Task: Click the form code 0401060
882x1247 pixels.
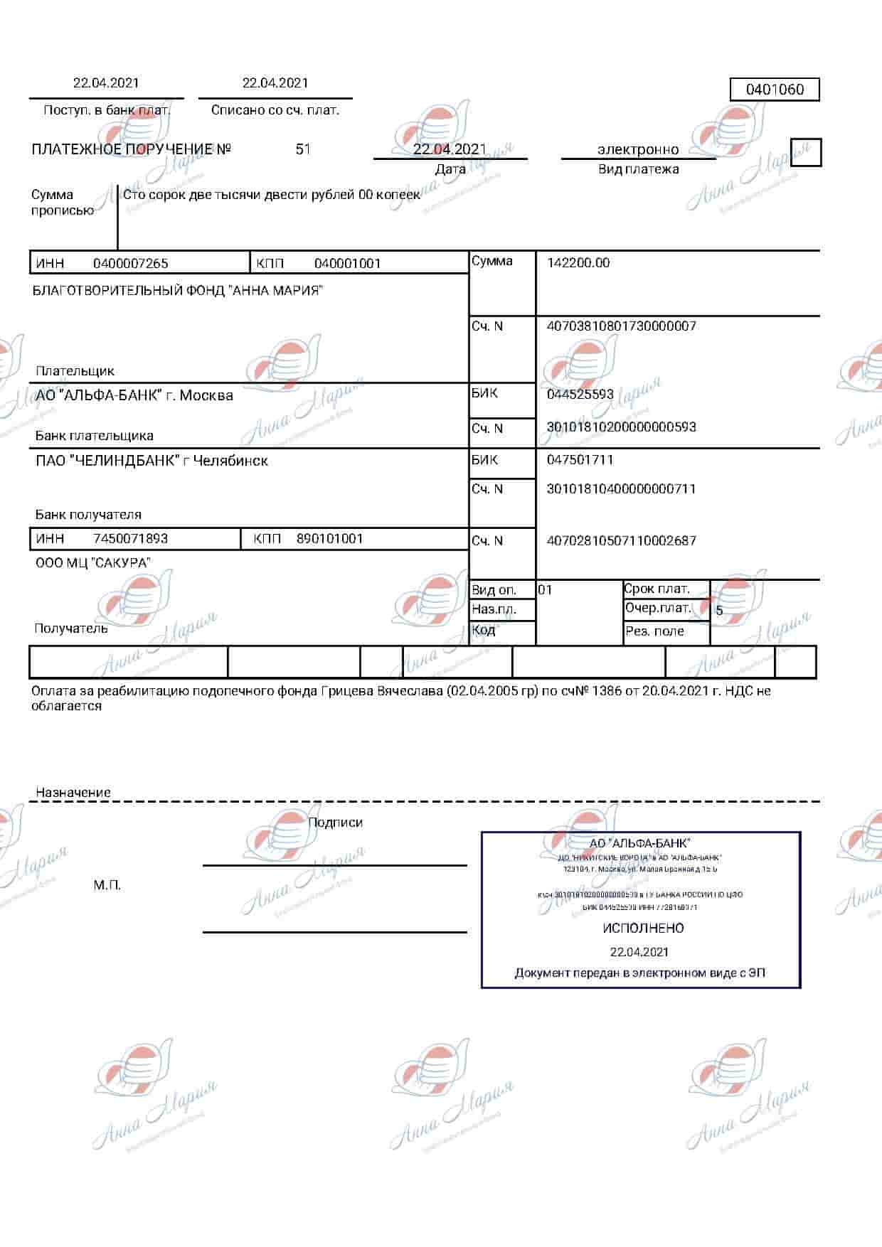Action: coord(775,90)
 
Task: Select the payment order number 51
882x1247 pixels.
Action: coord(303,149)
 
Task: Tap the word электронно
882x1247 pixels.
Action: coord(638,149)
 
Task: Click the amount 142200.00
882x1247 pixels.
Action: coord(578,263)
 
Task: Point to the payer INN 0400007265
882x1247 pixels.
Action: coord(131,264)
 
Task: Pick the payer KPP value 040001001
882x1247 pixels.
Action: coord(348,264)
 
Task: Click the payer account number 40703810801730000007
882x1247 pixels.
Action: coord(622,326)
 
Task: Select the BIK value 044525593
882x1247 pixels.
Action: coord(580,395)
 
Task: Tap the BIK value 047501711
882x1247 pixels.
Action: coord(580,460)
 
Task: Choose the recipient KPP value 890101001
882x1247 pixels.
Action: coord(330,539)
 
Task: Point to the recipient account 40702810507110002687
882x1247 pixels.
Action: coord(622,541)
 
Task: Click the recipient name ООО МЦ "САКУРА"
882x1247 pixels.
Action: coord(93,563)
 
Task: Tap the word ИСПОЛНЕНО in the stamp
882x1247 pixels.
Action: coord(643,928)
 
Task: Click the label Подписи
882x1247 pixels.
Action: coord(335,823)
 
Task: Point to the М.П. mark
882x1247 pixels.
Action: coord(107,885)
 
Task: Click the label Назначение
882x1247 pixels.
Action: coord(73,793)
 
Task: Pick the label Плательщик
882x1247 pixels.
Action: coord(75,371)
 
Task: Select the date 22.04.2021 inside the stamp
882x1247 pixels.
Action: coord(639,952)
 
